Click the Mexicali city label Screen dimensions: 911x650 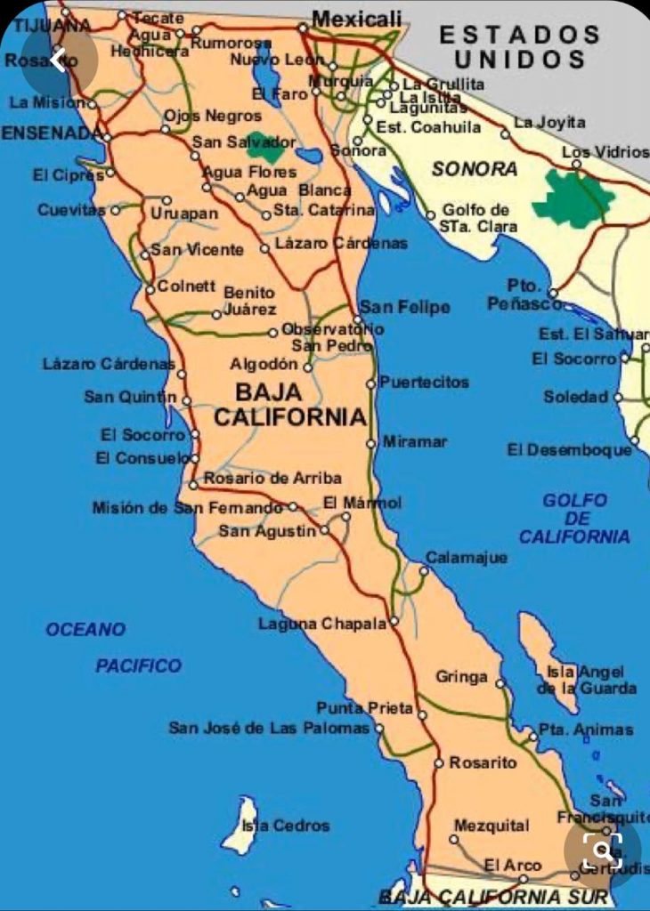point(356,18)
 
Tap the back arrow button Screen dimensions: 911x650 point(59,60)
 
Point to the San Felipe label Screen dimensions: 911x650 point(404,307)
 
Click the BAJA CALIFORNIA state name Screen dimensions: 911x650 point(290,405)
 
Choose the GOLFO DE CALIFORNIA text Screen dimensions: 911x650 point(575,519)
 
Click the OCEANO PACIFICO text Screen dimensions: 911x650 point(113,647)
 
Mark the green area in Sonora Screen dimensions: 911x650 point(574,198)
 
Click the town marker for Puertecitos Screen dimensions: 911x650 point(371,383)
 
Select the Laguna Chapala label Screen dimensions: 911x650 point(322,624)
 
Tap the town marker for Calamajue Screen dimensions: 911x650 point(424,570)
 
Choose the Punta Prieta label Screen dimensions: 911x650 point(365,708)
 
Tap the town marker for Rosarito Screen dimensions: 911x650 point(439,763)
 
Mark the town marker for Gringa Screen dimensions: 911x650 point(500,684)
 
